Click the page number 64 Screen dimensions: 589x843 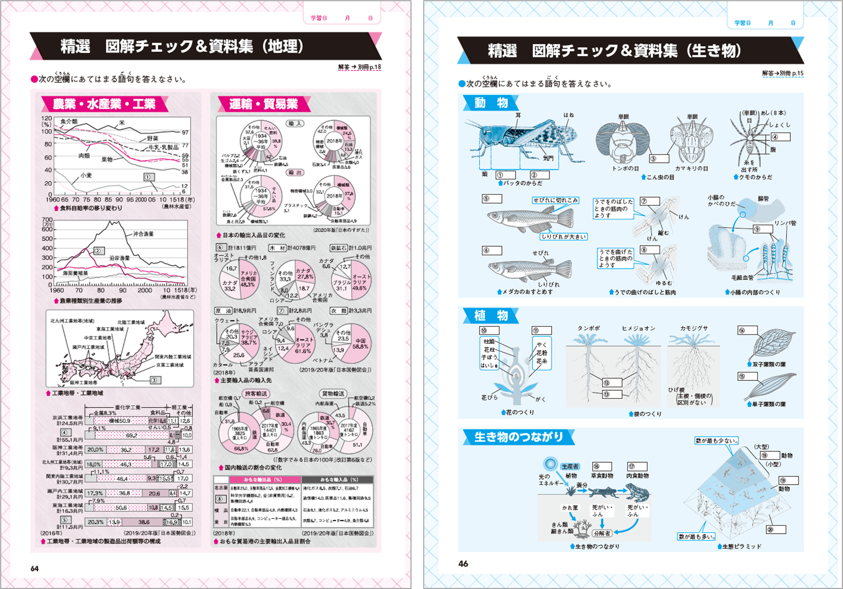tap(34, 568)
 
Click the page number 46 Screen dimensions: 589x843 tap(463, 563)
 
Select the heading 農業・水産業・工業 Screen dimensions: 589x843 tap(104, 104)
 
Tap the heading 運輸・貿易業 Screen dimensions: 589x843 tap(263, 104)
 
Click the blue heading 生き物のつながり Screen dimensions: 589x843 tap(518, 437)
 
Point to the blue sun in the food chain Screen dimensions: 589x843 tap(550, 463)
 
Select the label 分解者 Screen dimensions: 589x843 tap(602, 533)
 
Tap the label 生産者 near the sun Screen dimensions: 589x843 tap(570, 466)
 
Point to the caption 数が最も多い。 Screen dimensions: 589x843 tap(696, 536)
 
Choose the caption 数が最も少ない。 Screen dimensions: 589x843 tap(716, 441)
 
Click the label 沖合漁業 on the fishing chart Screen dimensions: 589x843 tap(143, 234)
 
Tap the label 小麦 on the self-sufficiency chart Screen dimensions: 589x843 tap(86, 175)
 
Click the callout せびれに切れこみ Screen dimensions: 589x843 tap(555, 200)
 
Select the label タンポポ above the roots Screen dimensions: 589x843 tap(589, 328)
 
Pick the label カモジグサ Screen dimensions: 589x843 tap(694, 328)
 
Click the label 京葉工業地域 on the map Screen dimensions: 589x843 tap(170, 365)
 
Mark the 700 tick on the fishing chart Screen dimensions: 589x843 tap(48, 220)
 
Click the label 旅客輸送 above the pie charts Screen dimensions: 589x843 tap(256, 393)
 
